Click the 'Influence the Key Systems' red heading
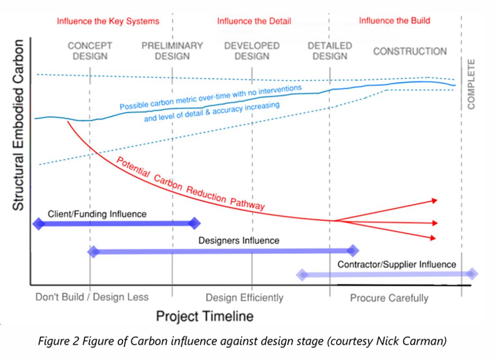(x=108, y=21)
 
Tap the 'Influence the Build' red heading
(x=394, y=21)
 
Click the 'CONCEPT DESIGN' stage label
(x=90, y=51)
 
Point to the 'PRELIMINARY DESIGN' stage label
(x=172, y=51)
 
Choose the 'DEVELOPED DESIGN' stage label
(x=252, y=51)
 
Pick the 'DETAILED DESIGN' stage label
(x=330, y=51)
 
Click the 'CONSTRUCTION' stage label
(x=410, y=51)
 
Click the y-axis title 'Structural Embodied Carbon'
(x=17, y=125)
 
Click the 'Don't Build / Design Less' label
(x=92, y=297)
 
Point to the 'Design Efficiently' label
(x=244, y=297)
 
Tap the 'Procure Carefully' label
(x=389, y=298)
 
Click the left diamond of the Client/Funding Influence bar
(x=39, y=224)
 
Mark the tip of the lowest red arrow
(x=436, y=238)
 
